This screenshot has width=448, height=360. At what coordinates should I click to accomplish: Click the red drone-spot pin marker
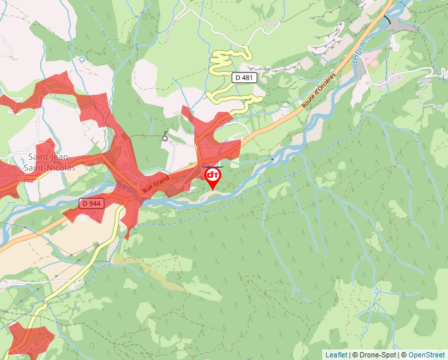pyautogui.click(x=213, y=177)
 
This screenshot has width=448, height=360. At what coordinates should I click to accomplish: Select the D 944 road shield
pyautogui.click(x=92, y=203)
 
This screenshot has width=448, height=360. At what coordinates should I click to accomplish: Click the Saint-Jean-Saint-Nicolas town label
pyautogui.click(x=51, y=162)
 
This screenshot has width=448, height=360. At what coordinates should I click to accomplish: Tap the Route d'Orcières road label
pyautogui.click(x=319, y=91)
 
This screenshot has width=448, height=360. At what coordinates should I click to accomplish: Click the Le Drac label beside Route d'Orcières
pyautogui.click(x=359, y=51)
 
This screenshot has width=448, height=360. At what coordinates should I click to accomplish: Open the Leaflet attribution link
pyautogui.click(x=336, y=355)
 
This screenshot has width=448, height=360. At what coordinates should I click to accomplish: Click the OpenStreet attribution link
pyautogui.click(x=428, y=355)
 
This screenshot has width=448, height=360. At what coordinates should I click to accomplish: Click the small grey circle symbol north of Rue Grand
pyautogui.click(x=165, y=139)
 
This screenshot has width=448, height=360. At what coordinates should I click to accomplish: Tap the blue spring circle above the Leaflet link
pyautogui.click(x=376, y=291)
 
